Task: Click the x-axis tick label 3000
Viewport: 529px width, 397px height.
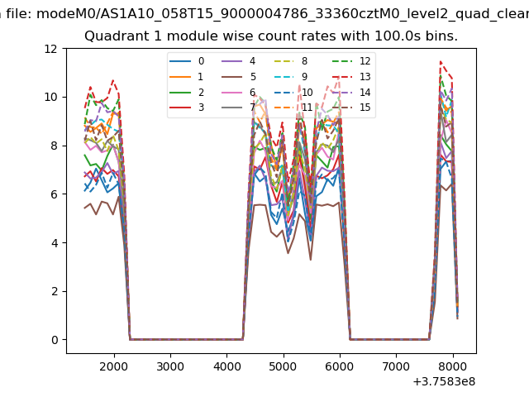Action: point(169,366)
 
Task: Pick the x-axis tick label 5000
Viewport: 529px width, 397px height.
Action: point(283,366)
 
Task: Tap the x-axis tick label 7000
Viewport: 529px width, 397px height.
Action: point(396,366)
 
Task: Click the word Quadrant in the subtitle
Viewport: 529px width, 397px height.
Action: point(113,36)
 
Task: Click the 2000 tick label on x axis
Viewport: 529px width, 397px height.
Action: point(113,366)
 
